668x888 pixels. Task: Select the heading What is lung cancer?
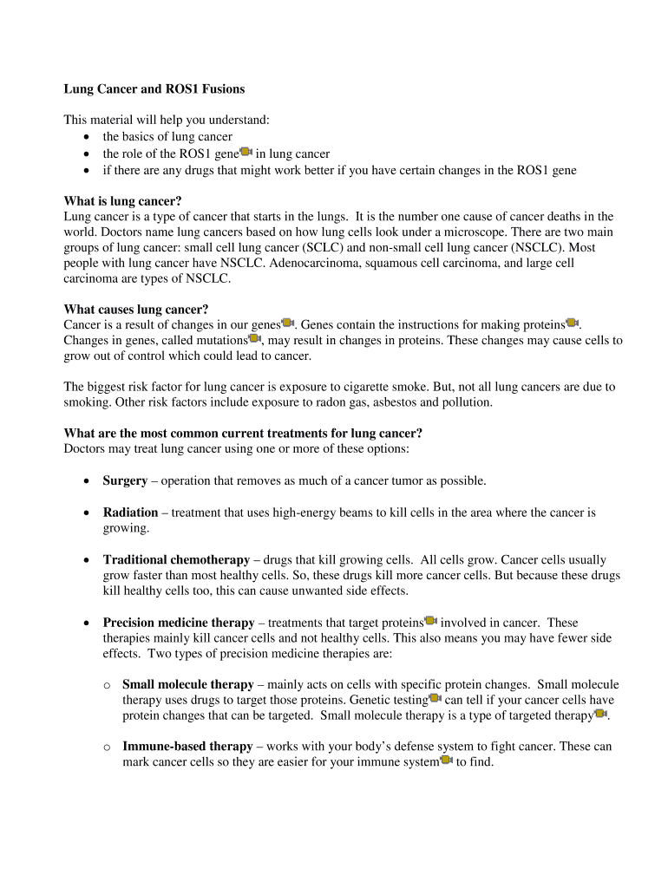pyautogui.click(x=122, y=201)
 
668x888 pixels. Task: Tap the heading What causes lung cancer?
pyautogui.click(x=136, y=310)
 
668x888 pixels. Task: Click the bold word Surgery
pyautogui.click(x=125, y=480)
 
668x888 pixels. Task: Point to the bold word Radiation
pyautogui.click(x=130, y=513)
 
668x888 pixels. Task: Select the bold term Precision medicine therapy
pyautogui.click(x=179, y=623)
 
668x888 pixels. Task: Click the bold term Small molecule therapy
pyautogui.click(x=188, y=685)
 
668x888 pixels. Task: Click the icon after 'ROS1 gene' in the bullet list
pyautogui.click(x=246, y=153)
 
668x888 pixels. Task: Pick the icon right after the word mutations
pyautogui.click(x=255, y=339)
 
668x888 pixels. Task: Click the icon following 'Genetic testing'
pyautogui.click(x=435, y=699)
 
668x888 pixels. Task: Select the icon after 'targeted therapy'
pyautogui.click(x=600, y=714)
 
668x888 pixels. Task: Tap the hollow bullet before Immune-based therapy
pyautogui.click(x=107, y=747)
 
